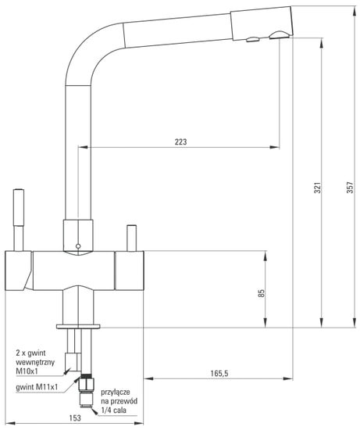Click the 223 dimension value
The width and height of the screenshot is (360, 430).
pyautogui.click(x=181, y=142)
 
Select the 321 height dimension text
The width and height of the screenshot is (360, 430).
pyautogui.click(x=317, y=188)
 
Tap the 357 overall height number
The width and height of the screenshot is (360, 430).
pyautogui.click(x=350, y=188)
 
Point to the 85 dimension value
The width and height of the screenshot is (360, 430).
pyautogui.click(x=262, y=293)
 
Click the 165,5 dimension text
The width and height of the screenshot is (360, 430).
pyautogui.click(x=219, y=373)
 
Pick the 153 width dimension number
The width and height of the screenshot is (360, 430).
pyautogui.click(x=75, y=417)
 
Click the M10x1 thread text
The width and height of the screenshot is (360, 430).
pyautogui.click(x=27, y=371)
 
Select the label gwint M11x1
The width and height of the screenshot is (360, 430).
pyautogui.click(x=37, y=387)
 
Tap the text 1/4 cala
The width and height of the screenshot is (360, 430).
pyautogui.click(x=114, y=410)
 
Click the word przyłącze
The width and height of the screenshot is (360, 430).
pyautogui.click(x=116, y=392)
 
